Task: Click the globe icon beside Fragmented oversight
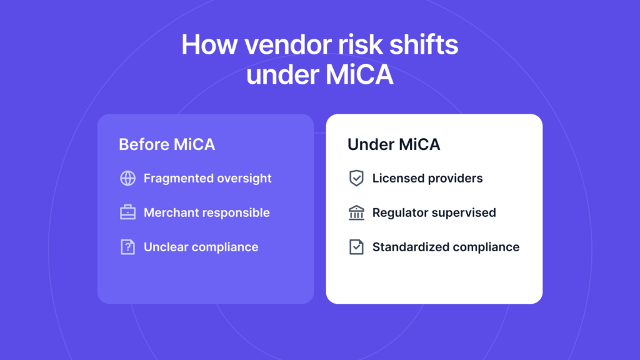pos(127,178)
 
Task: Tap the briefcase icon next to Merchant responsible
pos(127,212)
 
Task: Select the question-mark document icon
pos(127,247)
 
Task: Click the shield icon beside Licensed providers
pos(356,178)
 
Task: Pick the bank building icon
pos(356,212)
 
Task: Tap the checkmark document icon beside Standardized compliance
pos(356,247)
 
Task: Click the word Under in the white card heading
pos(369,144)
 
